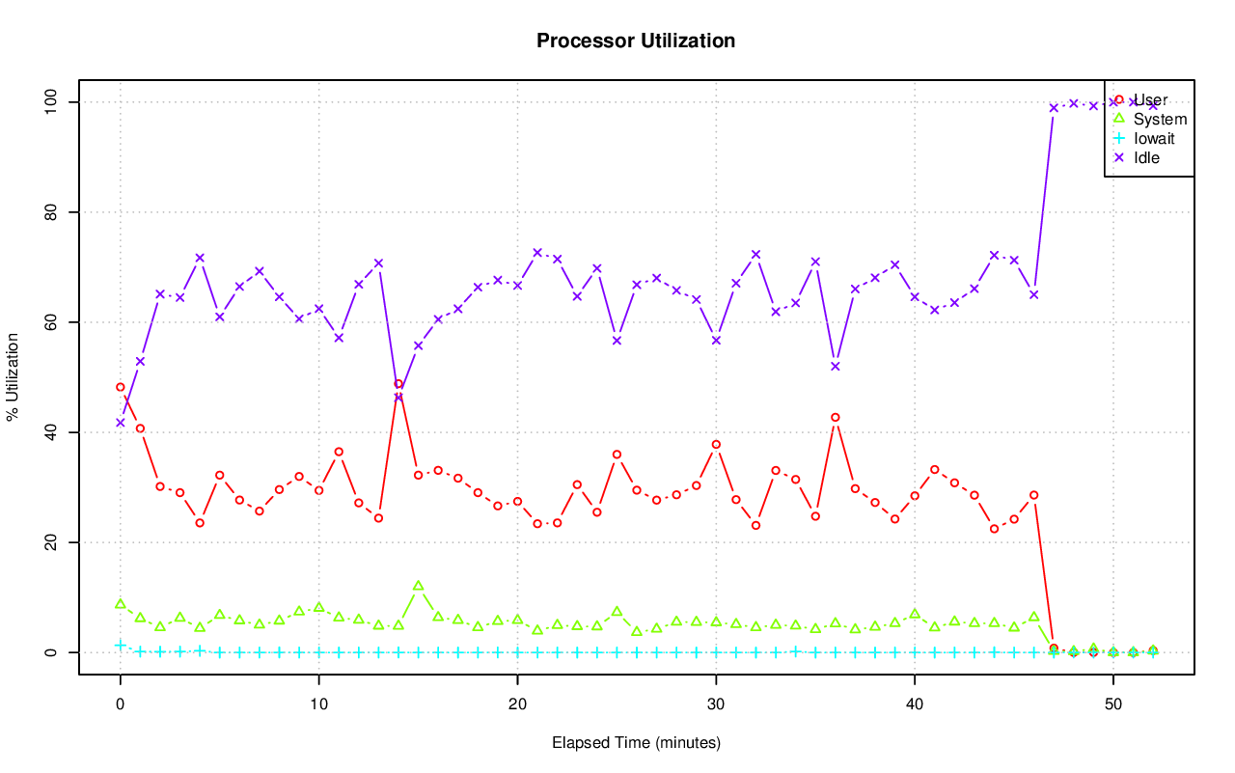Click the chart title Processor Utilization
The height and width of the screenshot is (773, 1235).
[x=636, y=41]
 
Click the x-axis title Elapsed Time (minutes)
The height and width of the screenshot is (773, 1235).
[x=636, y=743]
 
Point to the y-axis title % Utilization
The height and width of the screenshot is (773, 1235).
[x=13, y=377]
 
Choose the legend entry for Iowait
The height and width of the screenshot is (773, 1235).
[x=1154, y=139]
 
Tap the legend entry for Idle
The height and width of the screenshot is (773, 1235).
[x=1146, y=158]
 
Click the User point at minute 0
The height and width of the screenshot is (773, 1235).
[x=121, y=387]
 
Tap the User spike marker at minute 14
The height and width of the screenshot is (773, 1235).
[x=398, y=384]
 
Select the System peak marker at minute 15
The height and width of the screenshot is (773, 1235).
[x=418, y=586]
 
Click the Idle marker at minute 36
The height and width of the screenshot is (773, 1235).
[x=836, y=366]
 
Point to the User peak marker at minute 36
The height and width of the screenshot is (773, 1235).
[x=836, y=418]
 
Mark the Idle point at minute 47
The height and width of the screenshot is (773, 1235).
[x=1054, y=107]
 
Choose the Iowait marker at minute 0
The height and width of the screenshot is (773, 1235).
[x=121, y=645]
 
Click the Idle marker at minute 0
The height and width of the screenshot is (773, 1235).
[x=121, y=423]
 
